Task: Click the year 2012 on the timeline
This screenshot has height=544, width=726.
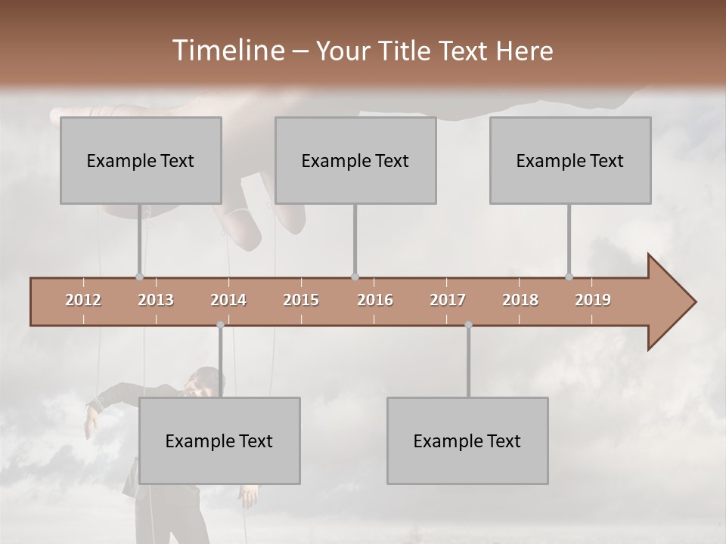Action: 83,300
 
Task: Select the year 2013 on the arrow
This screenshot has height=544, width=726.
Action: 156,300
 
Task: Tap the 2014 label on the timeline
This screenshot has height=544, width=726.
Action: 228,300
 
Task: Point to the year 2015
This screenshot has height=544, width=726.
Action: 301,300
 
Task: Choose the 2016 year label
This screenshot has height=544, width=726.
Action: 375,300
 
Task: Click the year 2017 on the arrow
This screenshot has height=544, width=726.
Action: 448,300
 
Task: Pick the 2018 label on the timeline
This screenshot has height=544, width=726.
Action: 520,300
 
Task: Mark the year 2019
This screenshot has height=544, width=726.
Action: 593,300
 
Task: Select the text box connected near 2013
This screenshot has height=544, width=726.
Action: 141,160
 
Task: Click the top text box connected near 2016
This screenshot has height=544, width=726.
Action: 355,160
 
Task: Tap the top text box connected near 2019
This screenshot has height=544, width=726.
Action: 570,160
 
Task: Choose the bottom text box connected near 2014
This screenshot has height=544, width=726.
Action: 219,440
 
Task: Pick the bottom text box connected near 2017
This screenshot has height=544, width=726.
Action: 467,440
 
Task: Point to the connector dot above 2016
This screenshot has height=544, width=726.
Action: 355,277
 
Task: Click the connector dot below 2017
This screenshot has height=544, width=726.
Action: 468,325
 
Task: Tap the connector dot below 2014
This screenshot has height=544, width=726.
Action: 220,325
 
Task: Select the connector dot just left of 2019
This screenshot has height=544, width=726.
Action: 569,277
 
